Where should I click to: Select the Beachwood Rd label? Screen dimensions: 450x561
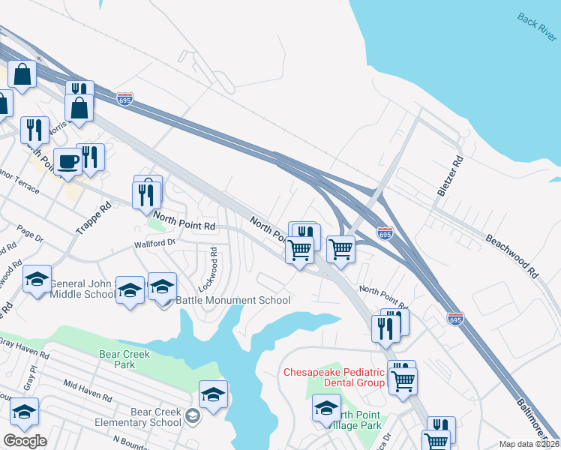(513, 254)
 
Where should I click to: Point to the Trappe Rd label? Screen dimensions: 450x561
(93, 217)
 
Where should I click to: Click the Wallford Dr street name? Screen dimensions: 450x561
(154, 243)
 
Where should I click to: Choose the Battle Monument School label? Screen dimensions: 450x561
(232, 301)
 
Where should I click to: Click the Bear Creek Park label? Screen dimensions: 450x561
(124, 359)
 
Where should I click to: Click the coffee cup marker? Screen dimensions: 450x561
(67, 162)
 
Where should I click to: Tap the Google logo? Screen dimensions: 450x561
(25, 441)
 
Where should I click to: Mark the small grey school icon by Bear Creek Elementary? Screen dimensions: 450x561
(193, 416)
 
